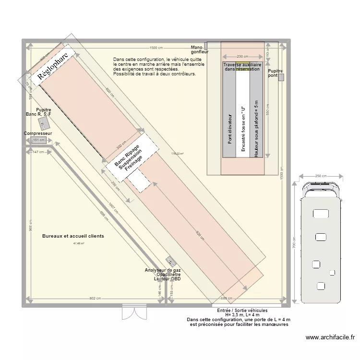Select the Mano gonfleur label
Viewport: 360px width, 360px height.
(199, 49)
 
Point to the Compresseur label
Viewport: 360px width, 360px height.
(38, 133)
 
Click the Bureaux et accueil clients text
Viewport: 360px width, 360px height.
(73, 236)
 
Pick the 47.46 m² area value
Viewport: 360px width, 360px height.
(78, 243)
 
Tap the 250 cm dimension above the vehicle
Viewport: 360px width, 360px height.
(321, 176)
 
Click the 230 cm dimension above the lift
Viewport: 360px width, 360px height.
(242, 56)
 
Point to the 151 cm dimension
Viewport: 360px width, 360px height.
(38, 141)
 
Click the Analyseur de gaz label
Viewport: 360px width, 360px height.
(163, 271)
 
